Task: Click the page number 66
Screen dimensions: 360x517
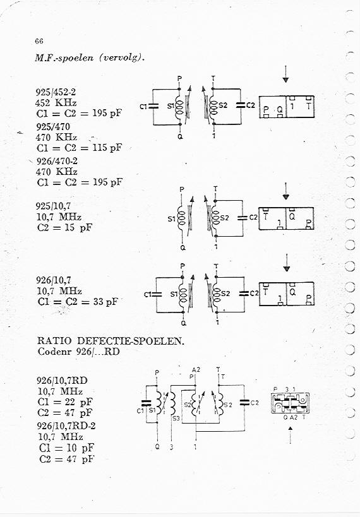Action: (39, 41)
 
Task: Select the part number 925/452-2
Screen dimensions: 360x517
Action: (56, 92)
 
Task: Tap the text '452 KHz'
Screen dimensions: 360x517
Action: (56, 102)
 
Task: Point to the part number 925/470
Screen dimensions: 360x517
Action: (53, 127)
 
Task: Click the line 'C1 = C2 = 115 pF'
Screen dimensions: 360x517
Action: (79, 148)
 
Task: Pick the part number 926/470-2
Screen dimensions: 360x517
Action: (57, 161)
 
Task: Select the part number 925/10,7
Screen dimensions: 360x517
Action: (53, 206)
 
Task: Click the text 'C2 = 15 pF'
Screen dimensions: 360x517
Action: (64, 227)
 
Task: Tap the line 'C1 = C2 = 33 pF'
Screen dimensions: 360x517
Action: (78, 301)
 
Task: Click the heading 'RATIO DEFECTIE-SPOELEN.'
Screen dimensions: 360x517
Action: (111, 341)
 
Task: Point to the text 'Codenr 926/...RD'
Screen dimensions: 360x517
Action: (78, 352)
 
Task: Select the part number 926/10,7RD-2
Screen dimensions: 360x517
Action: (66, 426)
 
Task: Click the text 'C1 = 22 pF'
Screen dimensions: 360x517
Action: (65, 402)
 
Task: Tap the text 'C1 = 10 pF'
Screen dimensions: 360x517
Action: (66, 448)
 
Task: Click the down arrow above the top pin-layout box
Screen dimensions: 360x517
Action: (285, 74)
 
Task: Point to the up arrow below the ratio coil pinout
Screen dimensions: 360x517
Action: (291, 435)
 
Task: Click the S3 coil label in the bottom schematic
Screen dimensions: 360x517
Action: (176, 419)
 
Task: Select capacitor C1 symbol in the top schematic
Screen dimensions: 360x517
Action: (153, 107)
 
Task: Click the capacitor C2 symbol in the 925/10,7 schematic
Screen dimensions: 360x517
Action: (243, 218)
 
